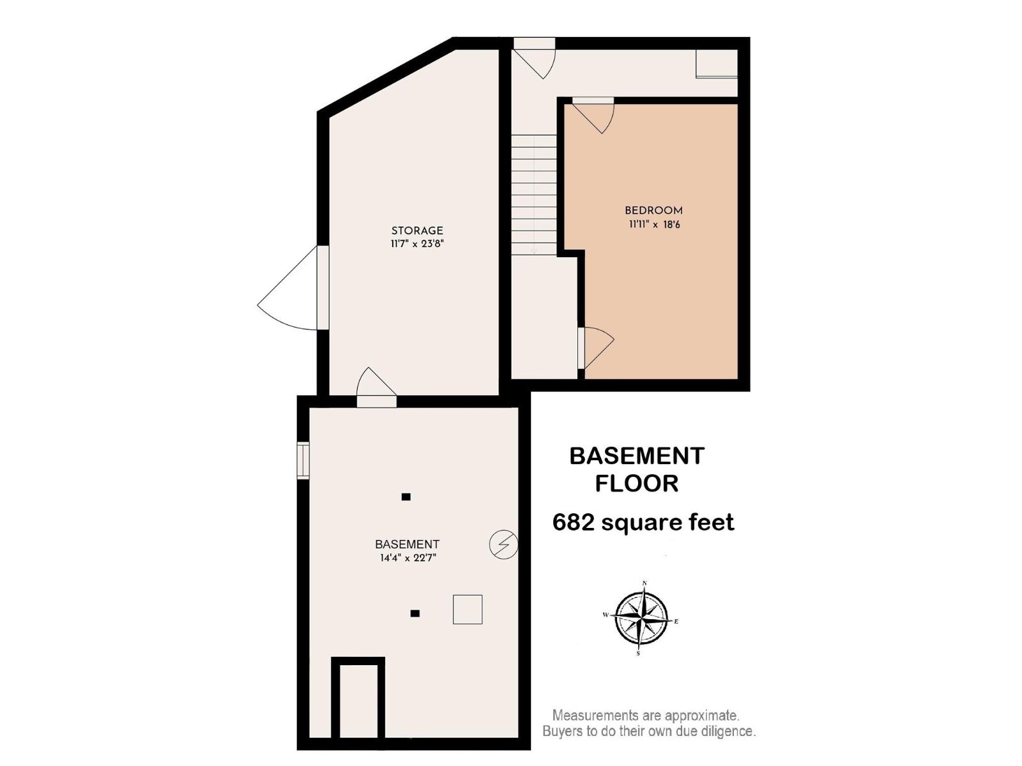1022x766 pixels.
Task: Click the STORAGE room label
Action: point(417,230)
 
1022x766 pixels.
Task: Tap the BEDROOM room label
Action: point(653,211)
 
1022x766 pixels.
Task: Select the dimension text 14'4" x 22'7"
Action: point(408,558)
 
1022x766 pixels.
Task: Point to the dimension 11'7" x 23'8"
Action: point(417,244)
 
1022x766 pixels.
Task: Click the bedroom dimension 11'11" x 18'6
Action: point(653,224)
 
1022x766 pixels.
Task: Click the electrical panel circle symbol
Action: point(503,544)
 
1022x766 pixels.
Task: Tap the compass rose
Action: point(641,619)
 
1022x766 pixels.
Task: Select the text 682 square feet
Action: point(643,522)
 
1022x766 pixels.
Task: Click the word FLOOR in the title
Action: point(636,483)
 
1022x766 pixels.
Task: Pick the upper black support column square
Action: point(406,497)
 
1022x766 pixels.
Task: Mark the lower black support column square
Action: point(415,613)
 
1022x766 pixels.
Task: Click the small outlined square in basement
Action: point(468,609)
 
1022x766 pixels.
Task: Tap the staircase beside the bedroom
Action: point(534,195)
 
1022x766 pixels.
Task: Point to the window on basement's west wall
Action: point(303,460)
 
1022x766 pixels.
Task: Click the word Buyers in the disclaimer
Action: point(563,731)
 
